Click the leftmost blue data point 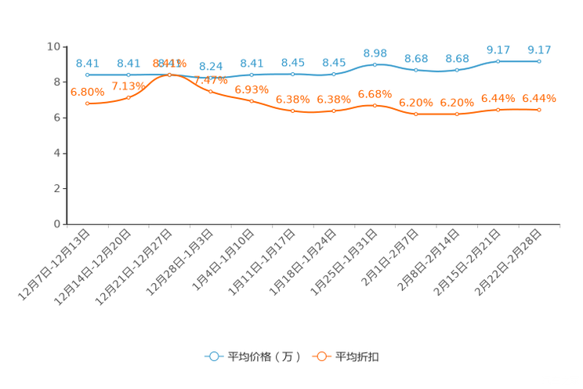pyautogui.click(x=88, y=75)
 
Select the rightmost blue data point pyautogui.click(x=539, y=60)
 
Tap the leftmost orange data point pyautogui.click(x=88, y=104)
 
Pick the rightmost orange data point pyautogui.click(x=539, y=110)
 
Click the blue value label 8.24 pyautogui.click(x=210, y=67)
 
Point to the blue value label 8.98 pyautogui.click(x=375, y=53)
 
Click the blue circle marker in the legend pyautogui.click(x=213, y=356)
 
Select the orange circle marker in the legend pyautogui.click(x=321, y=356)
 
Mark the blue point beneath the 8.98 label pyautogui.click(x=375, y=64)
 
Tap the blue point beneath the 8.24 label pyautogui.click(x=210, y=77)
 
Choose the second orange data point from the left pyautogui.click(x=129, y=97)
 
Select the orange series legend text pyautogui.click(x=358, y=357)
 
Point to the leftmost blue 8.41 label pyautogui.click(x=88, y=63)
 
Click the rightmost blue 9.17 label pyautogui.click(x=539, y=50)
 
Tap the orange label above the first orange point pyautogui.click(x=87, y=91)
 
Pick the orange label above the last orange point pyautogui.click(x=539, y=99)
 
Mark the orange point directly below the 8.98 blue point pyautogui.click(x=375, y=106)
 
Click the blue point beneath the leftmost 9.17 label pyautogui.click(x=498, y=60)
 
